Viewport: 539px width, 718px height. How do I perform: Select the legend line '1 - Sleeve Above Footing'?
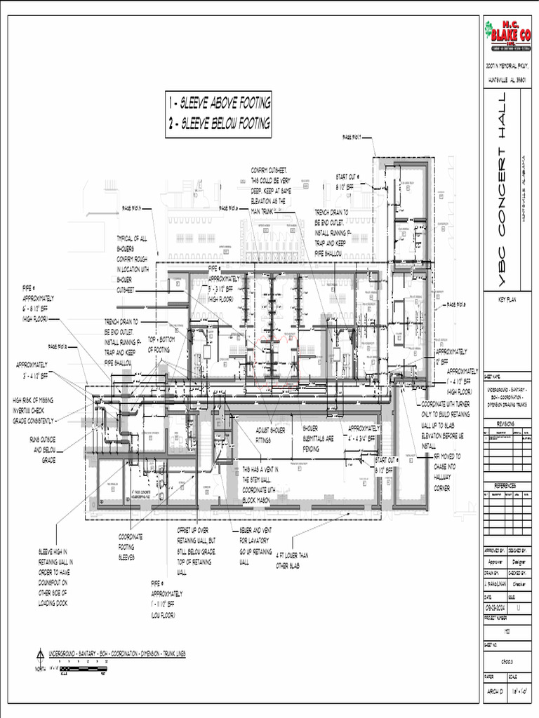(218, 103)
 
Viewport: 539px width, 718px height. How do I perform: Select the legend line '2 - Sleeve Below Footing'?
(218, 124)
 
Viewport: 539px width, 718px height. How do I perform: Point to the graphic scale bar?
(83, 670)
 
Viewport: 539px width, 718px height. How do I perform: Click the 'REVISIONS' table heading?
(506, 424)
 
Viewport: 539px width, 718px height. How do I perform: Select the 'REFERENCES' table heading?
(506, 485)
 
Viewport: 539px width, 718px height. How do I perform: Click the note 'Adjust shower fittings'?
(272, 434)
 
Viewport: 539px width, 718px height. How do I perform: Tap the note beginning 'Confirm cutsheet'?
(270, 186)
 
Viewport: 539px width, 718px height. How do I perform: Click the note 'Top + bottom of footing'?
(161, 344)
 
